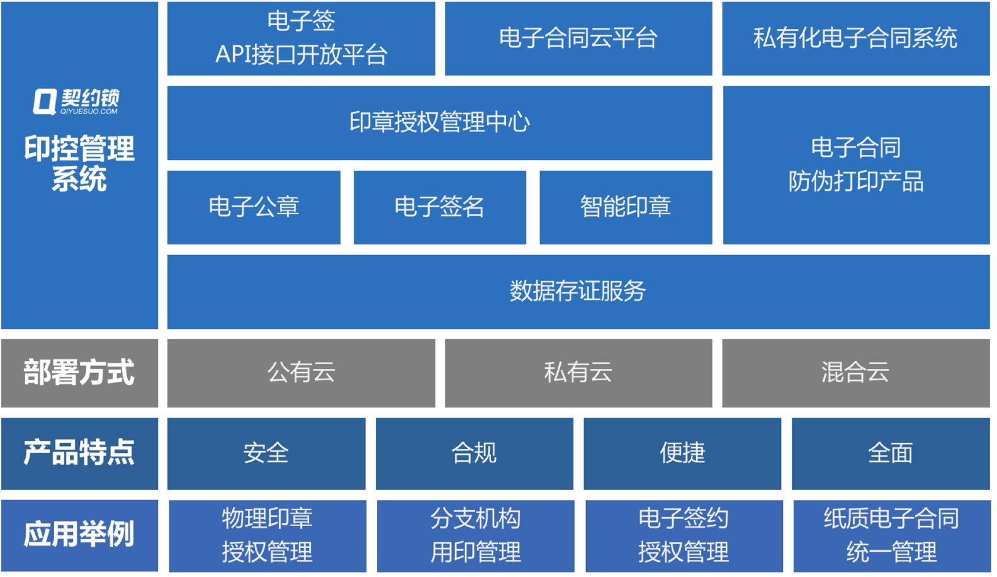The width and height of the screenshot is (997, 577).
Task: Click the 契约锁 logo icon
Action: point(45,101)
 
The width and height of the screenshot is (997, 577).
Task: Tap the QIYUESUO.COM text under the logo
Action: point(89,111)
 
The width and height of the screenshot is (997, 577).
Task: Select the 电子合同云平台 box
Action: point(578,38)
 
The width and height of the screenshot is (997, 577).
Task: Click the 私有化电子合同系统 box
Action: point(855,38)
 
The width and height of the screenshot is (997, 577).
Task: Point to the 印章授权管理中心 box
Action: point(439,123)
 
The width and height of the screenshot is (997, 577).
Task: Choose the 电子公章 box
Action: point(254,207)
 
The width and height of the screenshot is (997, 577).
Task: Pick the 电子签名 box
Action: point(440,207)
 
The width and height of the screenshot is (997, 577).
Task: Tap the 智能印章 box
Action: point(626,207)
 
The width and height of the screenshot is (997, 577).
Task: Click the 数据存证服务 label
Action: point(578,291)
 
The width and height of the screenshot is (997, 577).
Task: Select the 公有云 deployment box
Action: point(301,373)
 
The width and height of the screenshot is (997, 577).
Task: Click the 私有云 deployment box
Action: point(578,373)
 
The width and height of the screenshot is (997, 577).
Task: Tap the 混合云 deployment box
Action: point(855,373)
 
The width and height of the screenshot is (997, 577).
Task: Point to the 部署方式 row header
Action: point(79,373)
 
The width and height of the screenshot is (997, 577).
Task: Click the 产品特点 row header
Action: point(79,454)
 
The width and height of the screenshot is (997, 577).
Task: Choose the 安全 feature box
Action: point(266,454)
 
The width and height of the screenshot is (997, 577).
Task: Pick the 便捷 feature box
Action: point(682,454)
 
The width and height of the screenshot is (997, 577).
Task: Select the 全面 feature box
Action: point(891,454)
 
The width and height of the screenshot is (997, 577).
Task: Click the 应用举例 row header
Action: point(79,535)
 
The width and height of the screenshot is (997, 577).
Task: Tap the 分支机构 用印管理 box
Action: point(475,535)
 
